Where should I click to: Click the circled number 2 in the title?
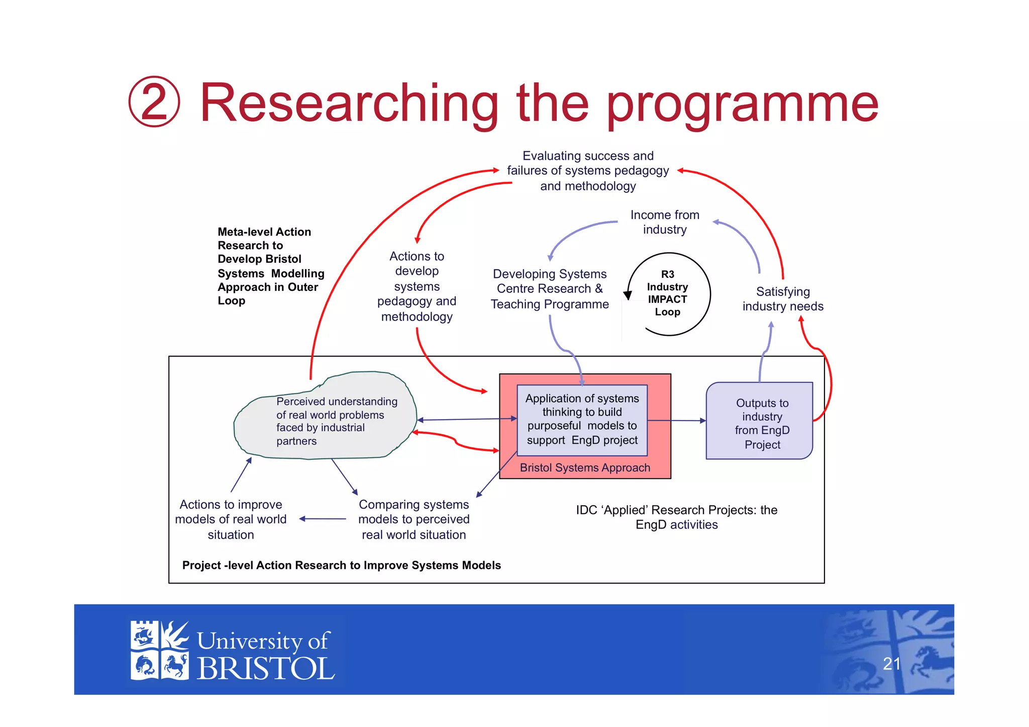(154, 102)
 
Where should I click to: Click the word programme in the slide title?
(743, 104)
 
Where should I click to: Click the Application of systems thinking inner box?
(582, 420)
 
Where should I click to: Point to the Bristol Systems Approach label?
(585, 468)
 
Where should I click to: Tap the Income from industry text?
(664, 222)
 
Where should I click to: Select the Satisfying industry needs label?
(782, 299)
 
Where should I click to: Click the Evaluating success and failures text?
(588, 171)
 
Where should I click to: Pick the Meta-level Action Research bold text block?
(270, 266)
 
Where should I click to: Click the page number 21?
(891, 664)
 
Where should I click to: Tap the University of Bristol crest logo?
(159, 651)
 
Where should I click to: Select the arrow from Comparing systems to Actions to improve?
(323, 519)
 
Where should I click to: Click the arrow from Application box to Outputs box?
(676, 421)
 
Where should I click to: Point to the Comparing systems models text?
(414, 520)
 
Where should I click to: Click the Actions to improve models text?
(231, 520)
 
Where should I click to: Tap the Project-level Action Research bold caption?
(341, 565)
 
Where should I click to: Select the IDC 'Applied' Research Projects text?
(676, 517)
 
